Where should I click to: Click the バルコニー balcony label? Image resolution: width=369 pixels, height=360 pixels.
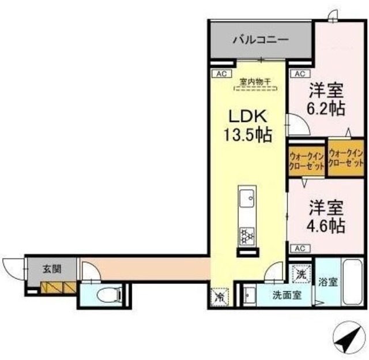pos(261,41)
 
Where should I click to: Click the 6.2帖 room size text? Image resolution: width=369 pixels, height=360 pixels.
pos(326,108)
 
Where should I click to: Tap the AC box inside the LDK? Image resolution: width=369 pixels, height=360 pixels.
pos(220,73)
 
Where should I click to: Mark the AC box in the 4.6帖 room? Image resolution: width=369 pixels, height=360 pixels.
pos(299,248)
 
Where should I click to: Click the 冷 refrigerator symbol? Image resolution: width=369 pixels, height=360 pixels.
pos(220,297)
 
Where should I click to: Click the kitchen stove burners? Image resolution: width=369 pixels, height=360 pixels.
pos(246,235)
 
